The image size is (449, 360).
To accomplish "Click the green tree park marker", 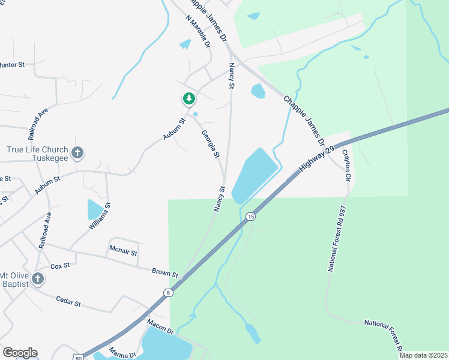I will coord(189,98).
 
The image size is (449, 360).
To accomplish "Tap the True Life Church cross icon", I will coord(77,154).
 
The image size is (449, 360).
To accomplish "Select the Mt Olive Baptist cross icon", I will coord(37,278).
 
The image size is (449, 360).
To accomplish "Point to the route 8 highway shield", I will coord(168,293).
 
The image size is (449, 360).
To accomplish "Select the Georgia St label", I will coord(211,145).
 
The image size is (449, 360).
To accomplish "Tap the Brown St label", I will coord(165,273).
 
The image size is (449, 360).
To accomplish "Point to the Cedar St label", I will coord(68,301).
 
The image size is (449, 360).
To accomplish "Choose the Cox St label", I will coord(60,265).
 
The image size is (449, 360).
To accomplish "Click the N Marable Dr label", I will coord(199,32).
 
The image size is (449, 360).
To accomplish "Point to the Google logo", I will coord(20,353).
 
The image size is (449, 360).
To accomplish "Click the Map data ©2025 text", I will coord(423,355).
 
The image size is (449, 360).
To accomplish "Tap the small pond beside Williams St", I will coord(95,210).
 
